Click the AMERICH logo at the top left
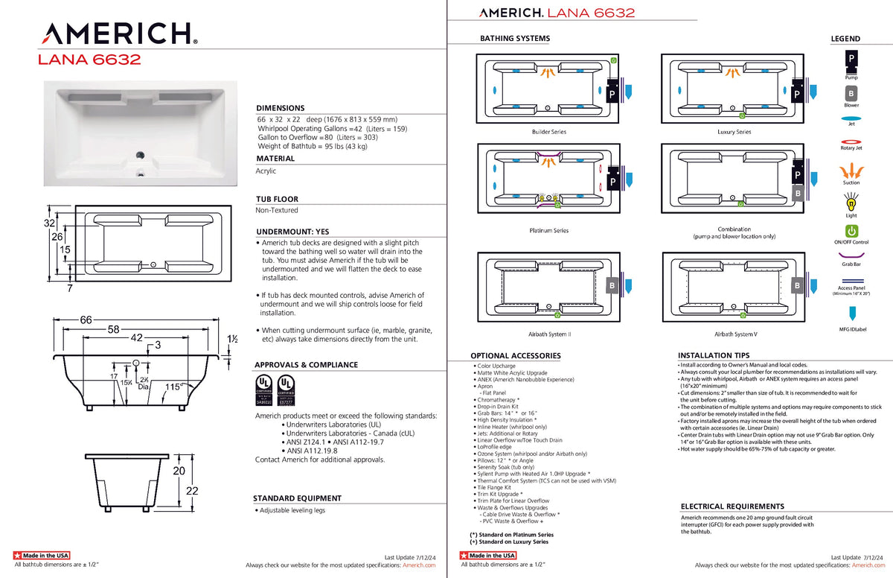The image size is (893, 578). pyautogui.click(x=118, y=34)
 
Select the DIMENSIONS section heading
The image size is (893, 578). pyautogui.click(x=281, y=108)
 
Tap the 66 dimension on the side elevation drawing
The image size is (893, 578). pyautogui.click(x=86, y=320)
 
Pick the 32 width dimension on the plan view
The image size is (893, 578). pyautogui.click(x=49, y=223)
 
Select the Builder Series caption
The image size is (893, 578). pyautogui.click(x=548, y=132)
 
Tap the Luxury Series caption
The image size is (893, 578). pyautogui.click(x=734, y=132)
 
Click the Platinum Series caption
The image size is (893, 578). pyautogui.click(x=549, y=230)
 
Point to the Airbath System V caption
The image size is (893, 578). pyautogui.click(x=735, y=334)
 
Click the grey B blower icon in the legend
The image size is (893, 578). pyautogui.click(x=851, y=94)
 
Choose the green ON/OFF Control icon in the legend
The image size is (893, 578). pyautogui.click(x=851, y=232)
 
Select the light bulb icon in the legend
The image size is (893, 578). pyautogui.click(x=851, y=201)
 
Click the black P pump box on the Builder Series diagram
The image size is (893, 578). pyautogui.click(x=612, y=95)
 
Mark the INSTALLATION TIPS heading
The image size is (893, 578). pyautogui.click(x=714, y=355)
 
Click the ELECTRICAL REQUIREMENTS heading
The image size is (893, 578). pyautogui.click(x=732, y=506)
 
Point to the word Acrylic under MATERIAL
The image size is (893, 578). pyautogui.click(x=266, y=171)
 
